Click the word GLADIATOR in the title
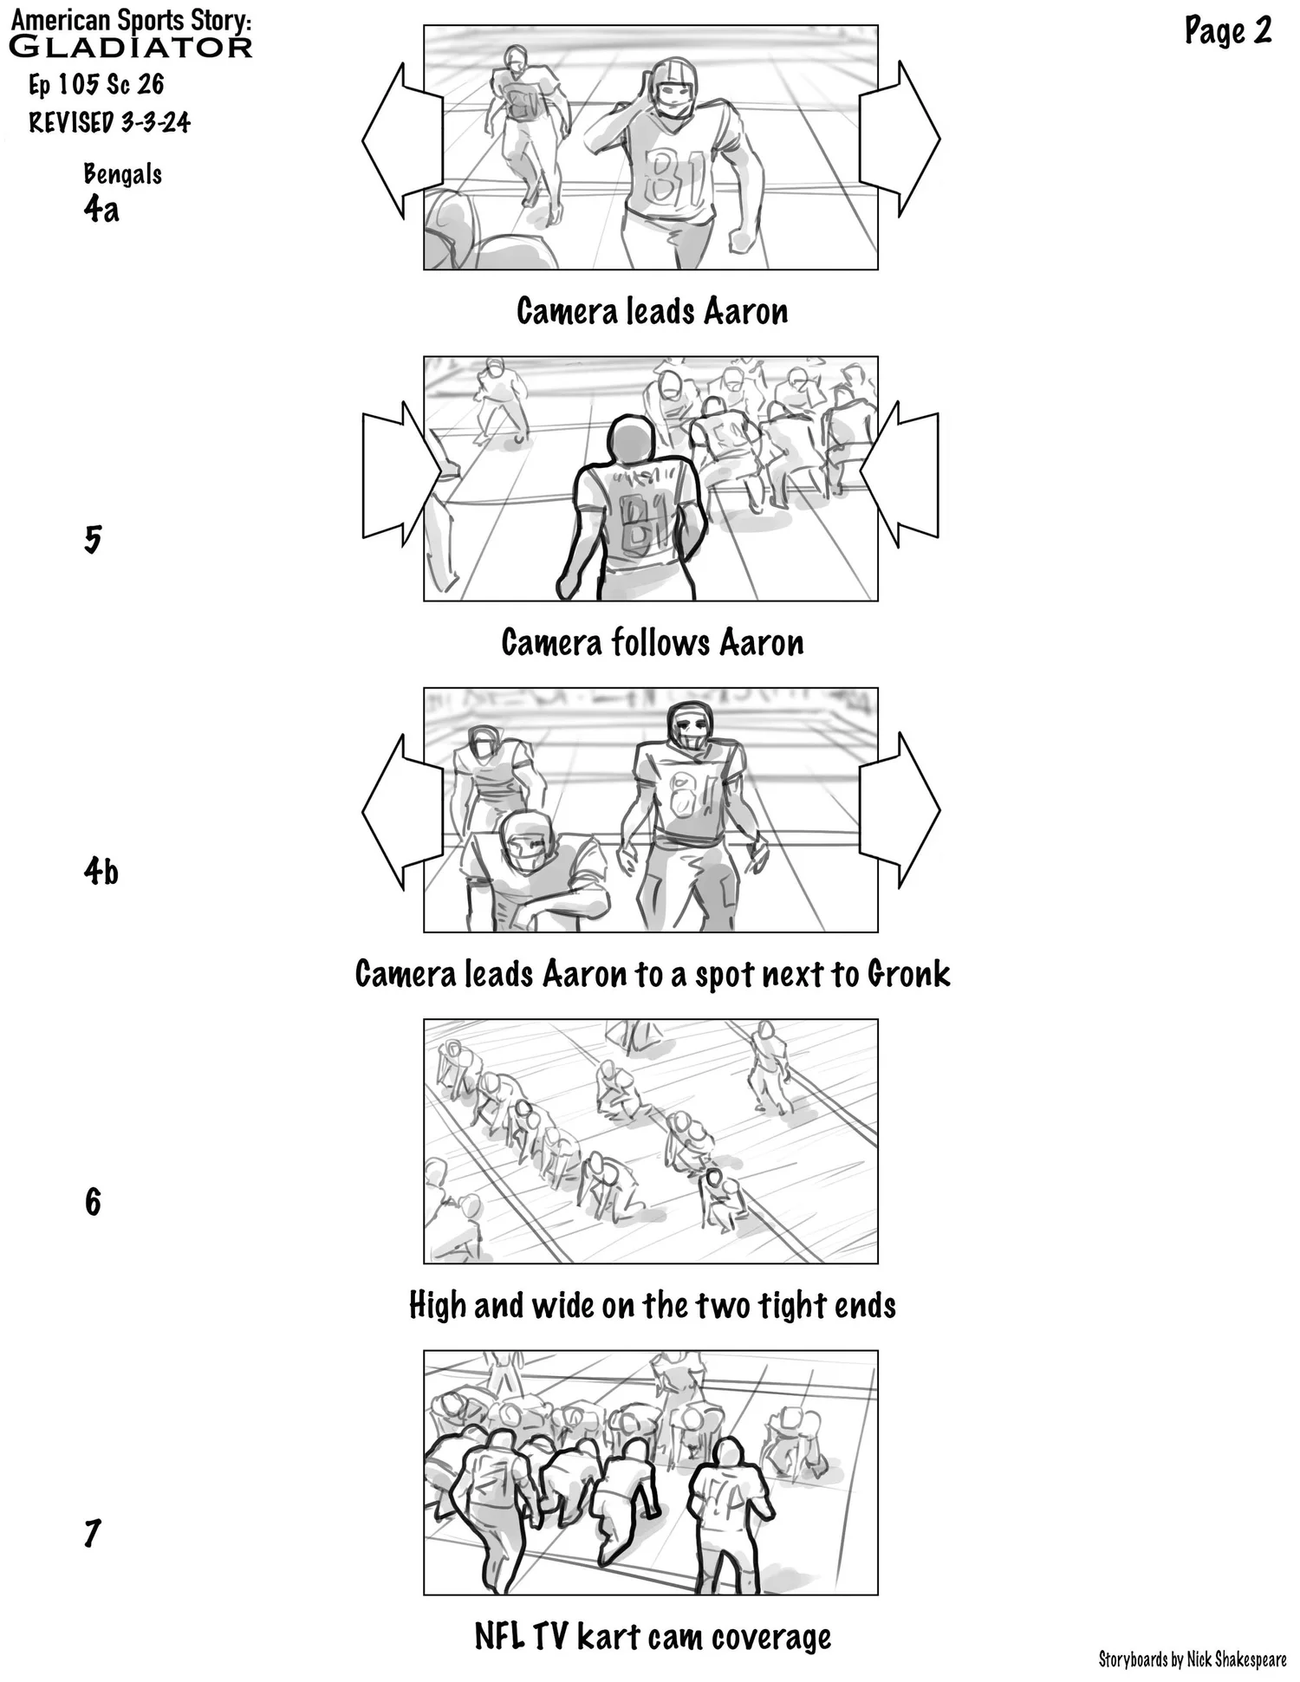point(130,47)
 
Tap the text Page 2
point(1227,31)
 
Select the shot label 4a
point(101,209)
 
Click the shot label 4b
point(101,871)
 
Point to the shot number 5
point(93,540)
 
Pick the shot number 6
point(93,1202)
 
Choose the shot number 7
point(93,1533)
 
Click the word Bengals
point(122,174)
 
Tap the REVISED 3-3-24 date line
point(109,122)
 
